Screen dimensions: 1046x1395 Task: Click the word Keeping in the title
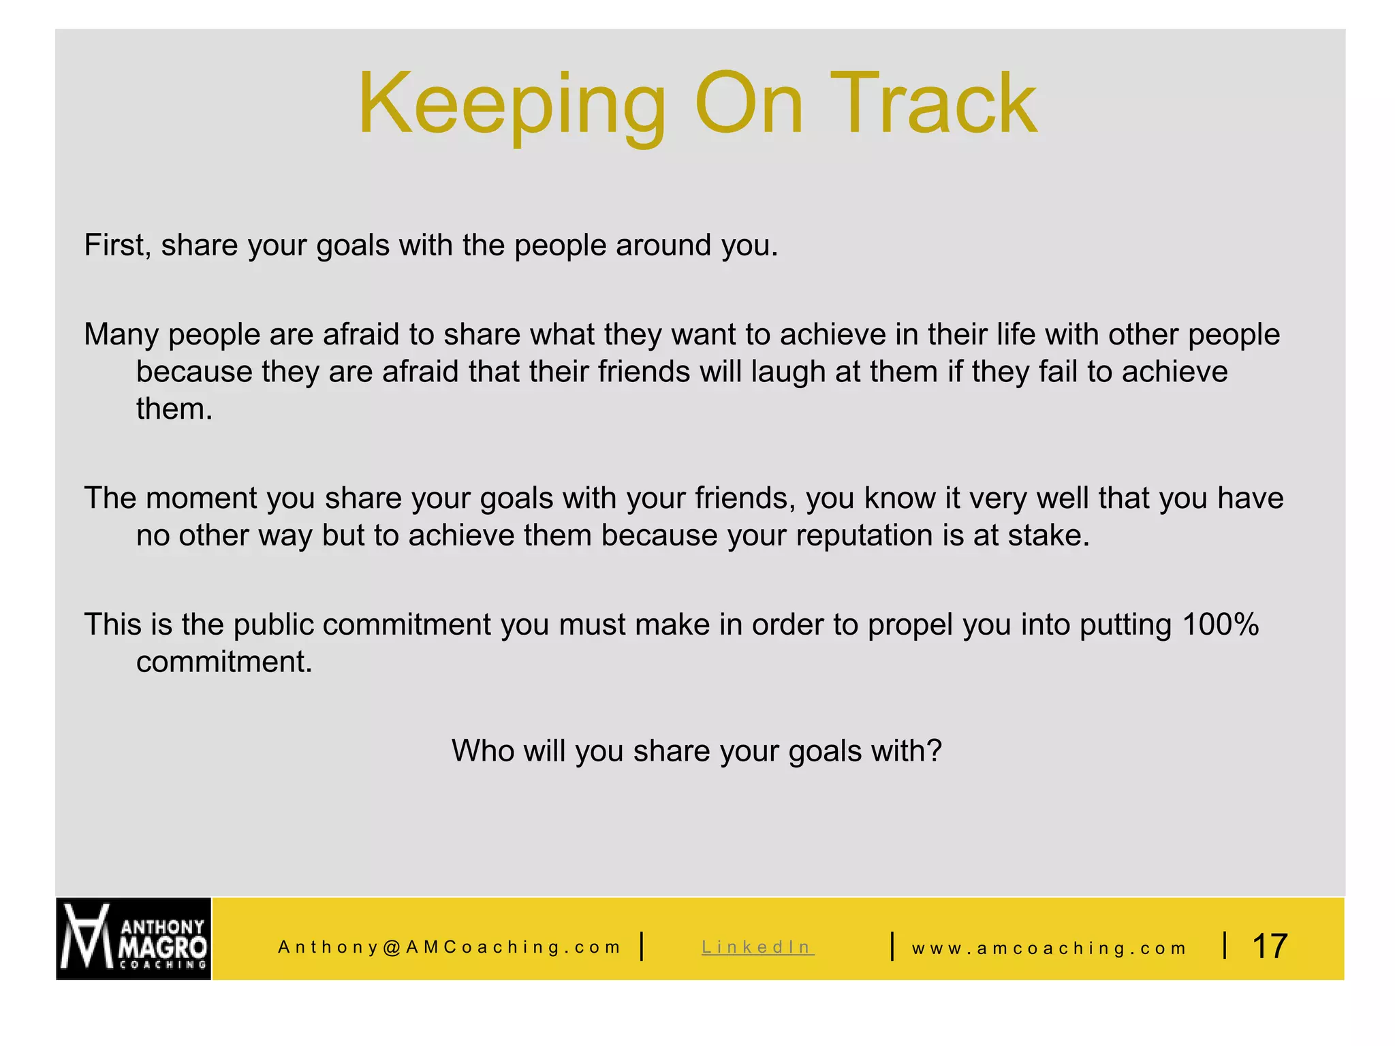[511, 106]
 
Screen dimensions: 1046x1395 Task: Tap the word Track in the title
[933, 106]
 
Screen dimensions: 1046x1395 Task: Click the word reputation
[864, 535]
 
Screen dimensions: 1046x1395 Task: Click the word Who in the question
[484, 751]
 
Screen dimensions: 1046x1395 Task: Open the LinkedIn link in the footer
[757, 947]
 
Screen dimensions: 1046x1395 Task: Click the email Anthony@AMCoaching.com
[450, 947]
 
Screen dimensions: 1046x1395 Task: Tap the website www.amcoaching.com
[1049, 948]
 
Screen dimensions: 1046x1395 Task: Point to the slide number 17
[1270, 946]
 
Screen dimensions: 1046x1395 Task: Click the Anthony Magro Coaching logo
[134, 938]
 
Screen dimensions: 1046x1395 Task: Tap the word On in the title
[749, 106]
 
